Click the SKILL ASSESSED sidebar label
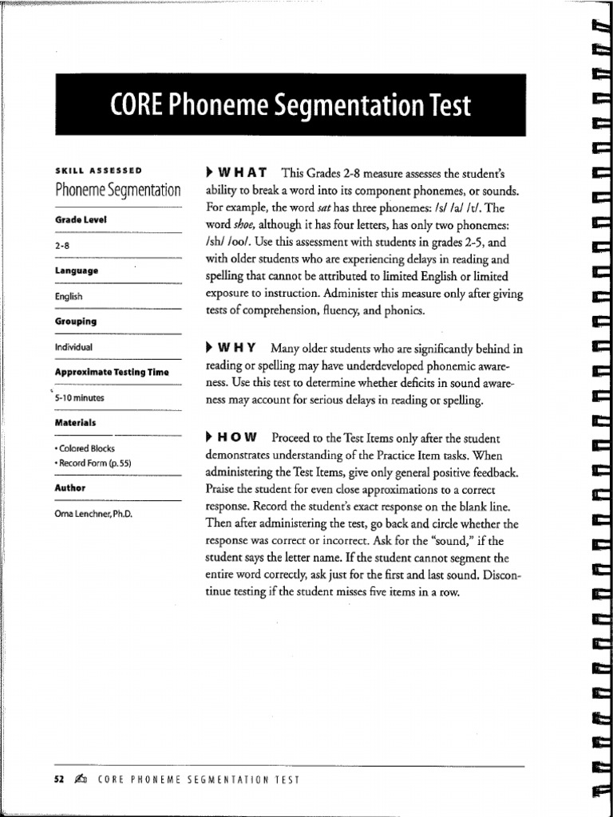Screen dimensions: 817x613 click(99, 171)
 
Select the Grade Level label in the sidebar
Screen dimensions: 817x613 click(81, 219)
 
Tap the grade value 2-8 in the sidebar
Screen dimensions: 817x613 click(63, 247)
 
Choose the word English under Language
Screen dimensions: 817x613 click(69, 297)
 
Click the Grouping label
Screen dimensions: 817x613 click(76, 321)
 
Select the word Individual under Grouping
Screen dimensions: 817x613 click(73, 347)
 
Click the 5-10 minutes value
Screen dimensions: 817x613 click(81, 397)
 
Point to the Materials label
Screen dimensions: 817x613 click(76, 422)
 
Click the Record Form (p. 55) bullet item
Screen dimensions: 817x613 click(94, 462)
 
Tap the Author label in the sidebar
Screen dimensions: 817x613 click(70, 487)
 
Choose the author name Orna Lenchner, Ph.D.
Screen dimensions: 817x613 click(93, 514)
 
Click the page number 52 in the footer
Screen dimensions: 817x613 click(47, 780)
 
